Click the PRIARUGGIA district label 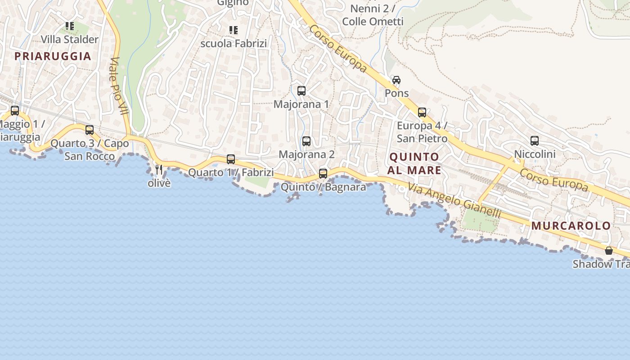point(53,56)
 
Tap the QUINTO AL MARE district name point(414,163)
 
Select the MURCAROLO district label point(571,226)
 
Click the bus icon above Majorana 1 point(301,91)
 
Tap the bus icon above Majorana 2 point(306,141)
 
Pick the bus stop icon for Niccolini point(535,141)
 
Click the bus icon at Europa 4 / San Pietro point(422,112)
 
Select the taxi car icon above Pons point(396,80)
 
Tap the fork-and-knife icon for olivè point(159,170)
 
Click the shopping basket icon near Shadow point(609,251)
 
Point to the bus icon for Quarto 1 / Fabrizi point(231,159)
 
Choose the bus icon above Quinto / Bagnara point(323,174)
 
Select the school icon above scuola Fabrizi point(234,30)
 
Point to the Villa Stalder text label point(69,40)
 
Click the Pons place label point(396,93)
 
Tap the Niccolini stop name point(535,154)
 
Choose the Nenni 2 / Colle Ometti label point(373,15)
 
